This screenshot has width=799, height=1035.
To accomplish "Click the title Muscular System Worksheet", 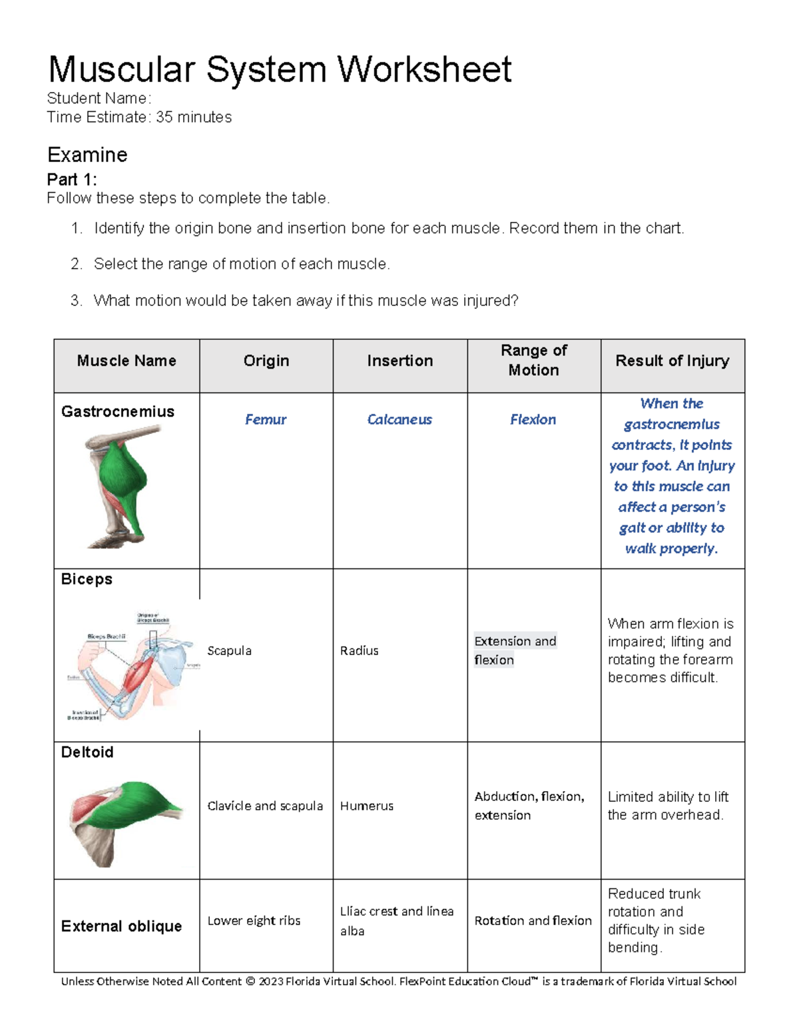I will tap(280, 69).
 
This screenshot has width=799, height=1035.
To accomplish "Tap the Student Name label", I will tap(99, 99).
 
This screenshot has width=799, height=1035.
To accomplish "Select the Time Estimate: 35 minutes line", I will tap(139, 117).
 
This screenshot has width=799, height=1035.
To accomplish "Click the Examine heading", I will tap(87, 155).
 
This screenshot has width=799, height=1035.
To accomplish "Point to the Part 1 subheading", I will tap(72, 179).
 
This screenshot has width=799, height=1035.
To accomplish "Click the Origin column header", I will tap(266, 361).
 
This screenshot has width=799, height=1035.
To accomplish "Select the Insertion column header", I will tap(400, 361).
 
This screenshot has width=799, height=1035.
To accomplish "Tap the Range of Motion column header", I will tap(533, 360).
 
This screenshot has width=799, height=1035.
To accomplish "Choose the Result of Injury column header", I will tap(672, 361).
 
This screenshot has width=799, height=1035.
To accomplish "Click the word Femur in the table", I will tap(265, 419).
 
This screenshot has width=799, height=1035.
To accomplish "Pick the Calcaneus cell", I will tap(400, 419).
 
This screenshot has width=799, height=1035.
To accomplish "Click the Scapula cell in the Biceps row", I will tap(229, 650).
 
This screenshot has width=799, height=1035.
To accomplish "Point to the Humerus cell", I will tap(366, 806).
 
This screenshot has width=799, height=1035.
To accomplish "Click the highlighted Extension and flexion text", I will tap(515, 650).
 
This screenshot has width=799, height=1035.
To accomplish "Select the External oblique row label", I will tap(121, 926).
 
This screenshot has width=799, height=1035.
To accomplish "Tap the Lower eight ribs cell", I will tap(254, 920).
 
